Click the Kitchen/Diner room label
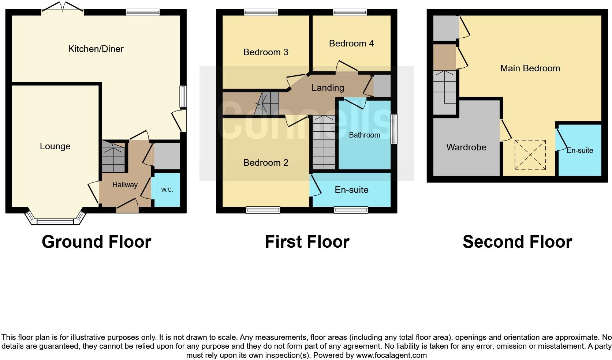click(x=96, y=49)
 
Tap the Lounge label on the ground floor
click(x=55, y=146)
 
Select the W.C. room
click(x=167, y=190)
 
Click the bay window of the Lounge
click(x=55, y=221)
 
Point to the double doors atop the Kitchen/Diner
click(x=63, y=7)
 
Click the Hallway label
click(x=125, y=185)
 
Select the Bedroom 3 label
click(x=266, y=52)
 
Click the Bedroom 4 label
click(x=351, y=44)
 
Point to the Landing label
click(x=328, y=87)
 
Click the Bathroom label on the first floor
click(x=364, y=135)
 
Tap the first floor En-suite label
click(x=351, y=190)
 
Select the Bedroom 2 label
click(x=266, y=162)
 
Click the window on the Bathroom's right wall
click(x=394, y=129)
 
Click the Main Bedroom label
click(x=530, y=68)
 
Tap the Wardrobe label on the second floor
click(x=466, y=147)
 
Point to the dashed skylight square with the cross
click(x=530, y=155)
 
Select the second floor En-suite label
click(x=580, y=150)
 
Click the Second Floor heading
click(x=517, y=242)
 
